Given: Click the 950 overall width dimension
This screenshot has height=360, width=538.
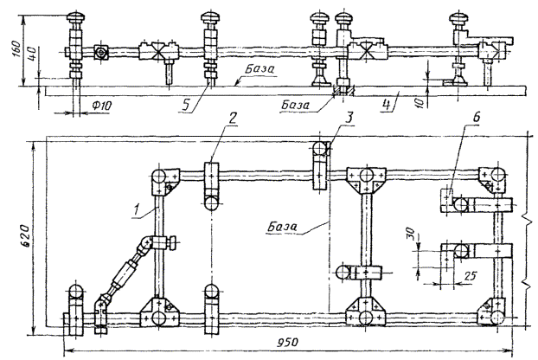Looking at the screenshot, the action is pos(287,342).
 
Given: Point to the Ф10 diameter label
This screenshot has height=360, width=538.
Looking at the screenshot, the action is pos(101,106).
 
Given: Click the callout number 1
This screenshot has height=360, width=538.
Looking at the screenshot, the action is pos(137,209).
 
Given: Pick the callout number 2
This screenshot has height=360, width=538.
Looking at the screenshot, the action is pos(233,118).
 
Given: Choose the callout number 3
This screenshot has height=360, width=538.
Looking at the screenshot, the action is pos(349,118).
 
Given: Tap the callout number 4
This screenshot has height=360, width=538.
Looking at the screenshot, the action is pos(387,105).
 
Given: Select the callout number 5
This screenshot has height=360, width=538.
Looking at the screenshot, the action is pos(185,105).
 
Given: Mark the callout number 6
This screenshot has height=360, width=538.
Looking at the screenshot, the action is pos(477,117).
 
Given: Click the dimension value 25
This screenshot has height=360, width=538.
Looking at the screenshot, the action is pos(471,275).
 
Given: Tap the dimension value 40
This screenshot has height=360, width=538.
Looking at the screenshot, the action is pos(33,54).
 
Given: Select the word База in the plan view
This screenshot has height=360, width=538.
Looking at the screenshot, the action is pos(282,227).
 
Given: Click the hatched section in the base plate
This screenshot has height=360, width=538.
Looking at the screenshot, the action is pos(343,91).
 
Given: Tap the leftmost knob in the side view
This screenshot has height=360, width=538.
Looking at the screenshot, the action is pos(76,17).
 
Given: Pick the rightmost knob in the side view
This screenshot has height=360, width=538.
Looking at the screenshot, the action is pos(459,17).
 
